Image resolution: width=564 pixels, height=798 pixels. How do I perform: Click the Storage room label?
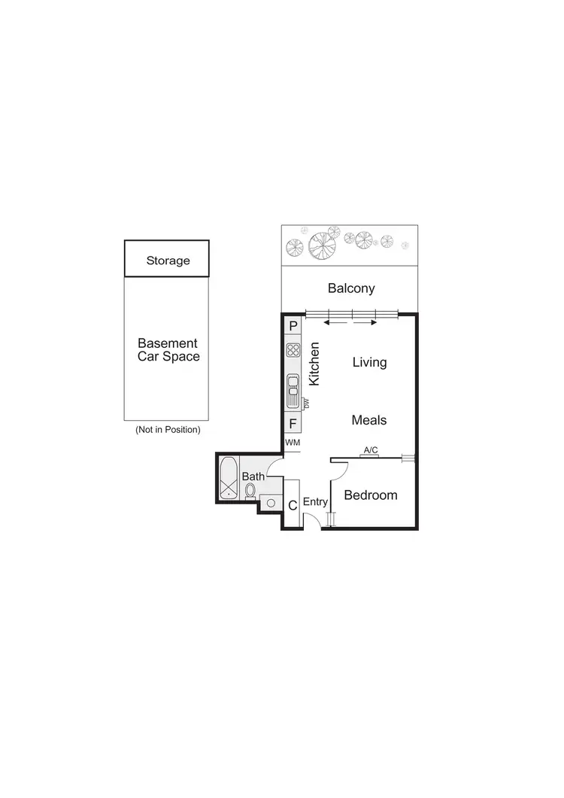[168, 260]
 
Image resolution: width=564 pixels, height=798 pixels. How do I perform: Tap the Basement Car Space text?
[168, 349]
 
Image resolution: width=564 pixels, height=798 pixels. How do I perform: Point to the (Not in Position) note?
[168, 430]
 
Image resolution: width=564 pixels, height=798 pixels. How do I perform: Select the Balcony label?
[351, 288]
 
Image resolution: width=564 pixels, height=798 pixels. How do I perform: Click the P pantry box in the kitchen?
[293, 326]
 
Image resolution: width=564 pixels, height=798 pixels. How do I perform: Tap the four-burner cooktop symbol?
[293, 350]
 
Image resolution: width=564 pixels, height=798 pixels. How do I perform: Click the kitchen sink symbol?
[293, 391]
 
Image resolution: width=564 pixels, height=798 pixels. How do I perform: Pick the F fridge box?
[293, 424]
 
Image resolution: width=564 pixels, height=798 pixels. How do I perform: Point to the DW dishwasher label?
[307, 404]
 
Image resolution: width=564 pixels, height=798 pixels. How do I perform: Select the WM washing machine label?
[293, 443]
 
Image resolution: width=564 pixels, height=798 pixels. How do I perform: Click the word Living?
[370, 362]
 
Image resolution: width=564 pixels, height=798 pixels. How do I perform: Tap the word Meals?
[369, 420]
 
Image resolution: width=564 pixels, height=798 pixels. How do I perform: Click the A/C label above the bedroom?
[370, 450]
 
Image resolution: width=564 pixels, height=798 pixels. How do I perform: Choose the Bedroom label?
[370, 495]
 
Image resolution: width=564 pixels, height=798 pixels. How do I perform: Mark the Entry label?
[315, 502]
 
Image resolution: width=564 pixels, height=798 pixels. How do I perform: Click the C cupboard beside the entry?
[293, 506]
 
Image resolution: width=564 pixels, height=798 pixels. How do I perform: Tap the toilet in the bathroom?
[250, 490]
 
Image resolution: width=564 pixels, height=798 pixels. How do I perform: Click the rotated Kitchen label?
[315, 364]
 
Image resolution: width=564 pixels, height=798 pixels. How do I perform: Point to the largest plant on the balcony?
[322, 243]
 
